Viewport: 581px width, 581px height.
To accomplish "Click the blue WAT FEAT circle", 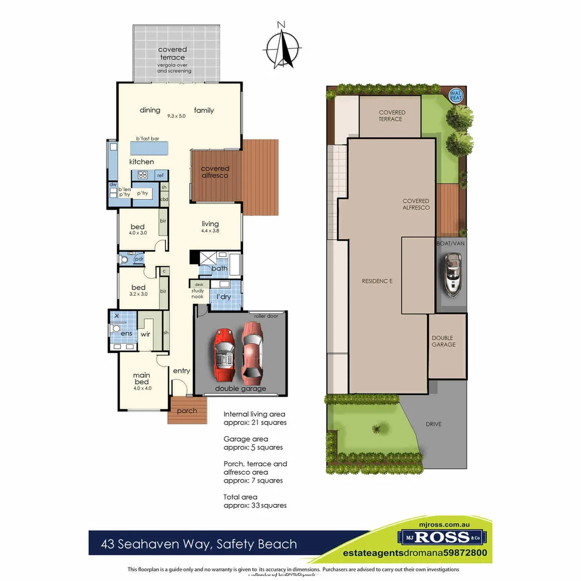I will click(x=456, y=96).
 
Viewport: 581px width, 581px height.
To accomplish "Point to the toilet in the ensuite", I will click(x=114, y=329).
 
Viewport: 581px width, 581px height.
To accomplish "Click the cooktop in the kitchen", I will click(x=143, y=174).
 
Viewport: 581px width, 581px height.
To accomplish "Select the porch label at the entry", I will click(x=187, y=411).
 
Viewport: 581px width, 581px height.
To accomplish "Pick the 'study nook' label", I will click(x=198, y=294).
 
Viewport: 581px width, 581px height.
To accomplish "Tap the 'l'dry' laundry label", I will click(x=224, y=297).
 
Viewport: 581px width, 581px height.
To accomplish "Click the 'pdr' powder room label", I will click(x=139, y=259).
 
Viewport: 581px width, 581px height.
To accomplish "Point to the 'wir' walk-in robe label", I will click(x=145, y=334).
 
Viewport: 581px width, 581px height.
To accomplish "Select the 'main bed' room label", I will click(x=142, y=378).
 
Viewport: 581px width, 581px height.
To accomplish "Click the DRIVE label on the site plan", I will click(x=434, y=424).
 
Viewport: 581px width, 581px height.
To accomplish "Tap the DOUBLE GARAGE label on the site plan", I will click(x=443, y=341).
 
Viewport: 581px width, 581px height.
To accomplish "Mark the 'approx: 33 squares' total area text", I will click(x=255, y=505).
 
